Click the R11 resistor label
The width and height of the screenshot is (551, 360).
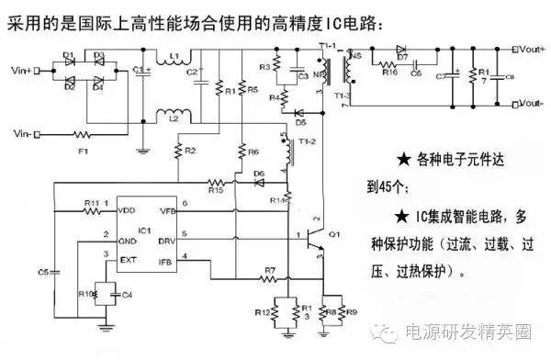click(x=91, y=201)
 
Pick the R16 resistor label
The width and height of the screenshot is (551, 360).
click(x=388, y=71)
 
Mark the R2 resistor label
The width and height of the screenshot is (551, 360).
click(x=189, y=150)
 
